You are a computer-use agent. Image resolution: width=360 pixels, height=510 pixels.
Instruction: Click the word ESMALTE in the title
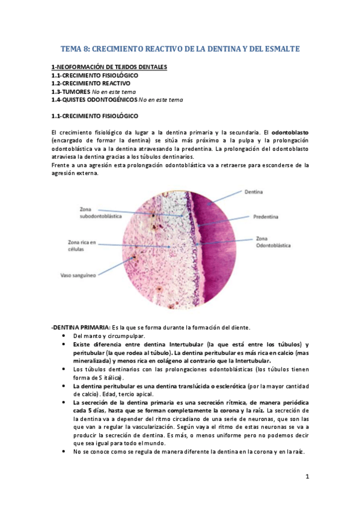point(279,48)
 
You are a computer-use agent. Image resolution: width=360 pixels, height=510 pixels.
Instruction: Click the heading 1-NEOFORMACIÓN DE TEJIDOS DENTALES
point(109,67)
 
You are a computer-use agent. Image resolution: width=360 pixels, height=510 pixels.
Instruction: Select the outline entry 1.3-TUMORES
point(71,91)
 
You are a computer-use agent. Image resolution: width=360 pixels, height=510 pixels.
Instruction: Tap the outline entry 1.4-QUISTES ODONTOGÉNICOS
point(94,100)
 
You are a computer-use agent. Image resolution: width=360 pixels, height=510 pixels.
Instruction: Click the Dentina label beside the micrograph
point(253,193)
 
